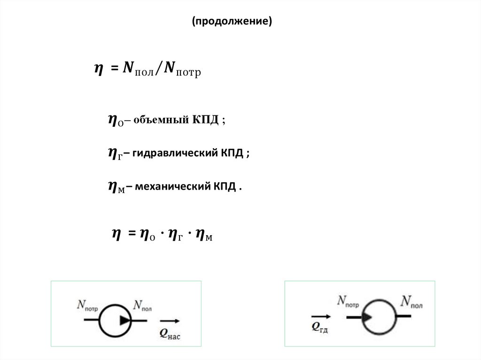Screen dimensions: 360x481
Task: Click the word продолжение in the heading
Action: pos(232,22)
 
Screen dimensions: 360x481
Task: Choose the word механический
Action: pos(172,186)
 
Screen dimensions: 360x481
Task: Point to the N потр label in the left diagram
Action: pos(87,306)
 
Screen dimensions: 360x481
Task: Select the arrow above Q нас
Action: pos(170,321)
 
